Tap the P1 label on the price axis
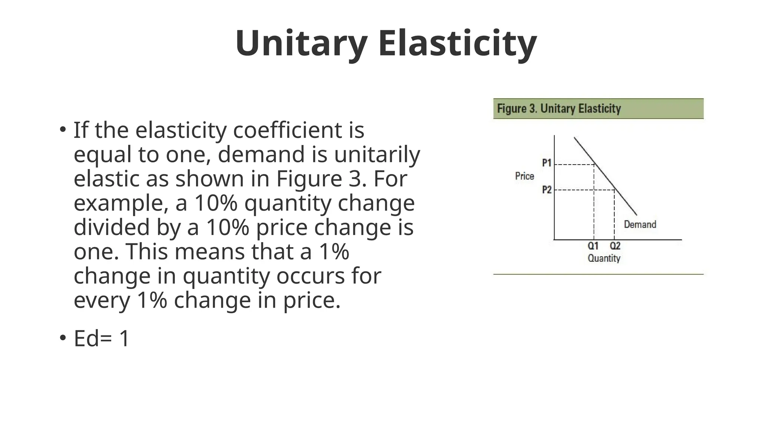pyautogui.click(x=547, y=163)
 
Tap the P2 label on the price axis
pyautogui.click(x=547, y=190)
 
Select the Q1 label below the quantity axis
pyautogui.click(x=593, y=246)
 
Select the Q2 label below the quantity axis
pyautogui.click(x=615, y=246)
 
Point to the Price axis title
pyautogui.click(x=524, y=176)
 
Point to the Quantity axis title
pyautogui.click(x=604, y=258)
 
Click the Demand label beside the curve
pyautogui.click(x=640, y=225)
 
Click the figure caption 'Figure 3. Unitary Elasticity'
pyautogui.click(x=559, y=109)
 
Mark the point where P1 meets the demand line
pyautogui.click(x=594, y=164)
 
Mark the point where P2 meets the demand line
pyautogui.click(x=614, y=190)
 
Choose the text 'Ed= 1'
pyautogui.click(x=101, y=338)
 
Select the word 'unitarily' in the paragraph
pyautogui.click(x=377, y=154)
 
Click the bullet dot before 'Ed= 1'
pyautogui.click(x=63, y=337)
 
